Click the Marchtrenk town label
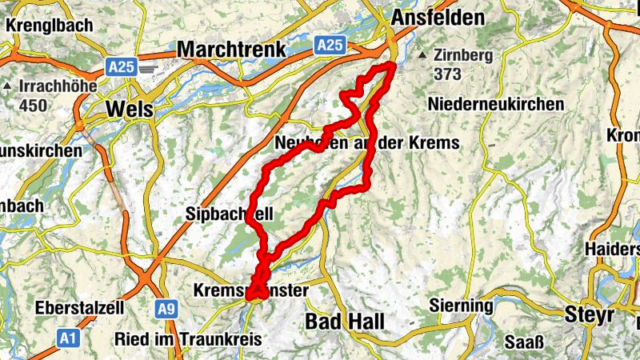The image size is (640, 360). click(231, 50)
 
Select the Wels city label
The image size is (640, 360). click(129, 110)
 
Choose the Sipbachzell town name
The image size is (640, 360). click(230, 214)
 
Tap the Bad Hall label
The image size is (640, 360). click(346, 322)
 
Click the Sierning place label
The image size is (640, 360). click(462, 306)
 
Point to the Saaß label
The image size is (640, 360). click(525, 344)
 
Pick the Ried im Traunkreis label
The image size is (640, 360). click(189, 339)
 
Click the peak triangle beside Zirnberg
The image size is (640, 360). click(422, 55)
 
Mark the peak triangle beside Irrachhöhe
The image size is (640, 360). click(6, 86)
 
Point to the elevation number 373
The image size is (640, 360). click(449, 74)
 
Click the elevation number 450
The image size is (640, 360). click(34, 105)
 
